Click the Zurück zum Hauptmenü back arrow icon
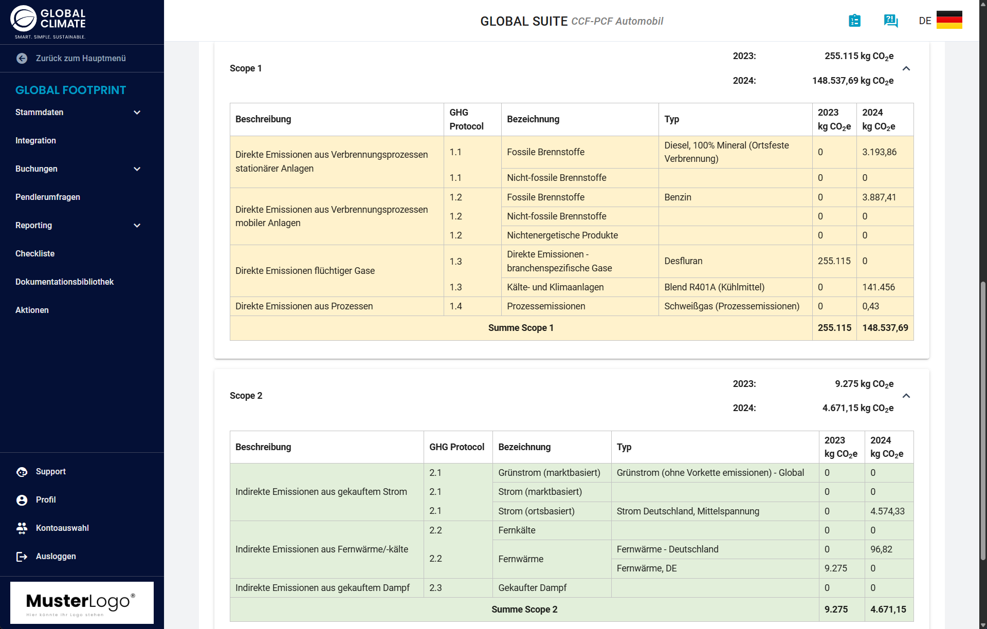(x=22, y=59)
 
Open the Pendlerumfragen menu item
(x=48, y=197)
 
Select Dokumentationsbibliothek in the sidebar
(x=64, y=282)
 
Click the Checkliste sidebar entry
(x=35, y=254)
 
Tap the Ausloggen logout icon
(x=22, y=557)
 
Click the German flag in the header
(x=949, y=21)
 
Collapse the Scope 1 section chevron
(x=906, y=68)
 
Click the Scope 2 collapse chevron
(x=906, y=396)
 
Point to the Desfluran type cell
(x=683, y=261)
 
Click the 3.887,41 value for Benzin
(x=879, y=197)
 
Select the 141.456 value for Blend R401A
(x=879, y=287)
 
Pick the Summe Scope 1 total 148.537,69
(x=885, y=328)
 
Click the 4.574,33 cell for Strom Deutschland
(x=887, y=511)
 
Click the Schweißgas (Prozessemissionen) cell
(x=732, y=306)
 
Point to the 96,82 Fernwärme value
(x=881, y=549)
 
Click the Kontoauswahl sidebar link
(x=62, y=528)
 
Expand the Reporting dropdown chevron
(x=137, y=226)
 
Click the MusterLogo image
(x=82, y=602)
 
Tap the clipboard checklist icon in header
(x=854, y=21)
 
